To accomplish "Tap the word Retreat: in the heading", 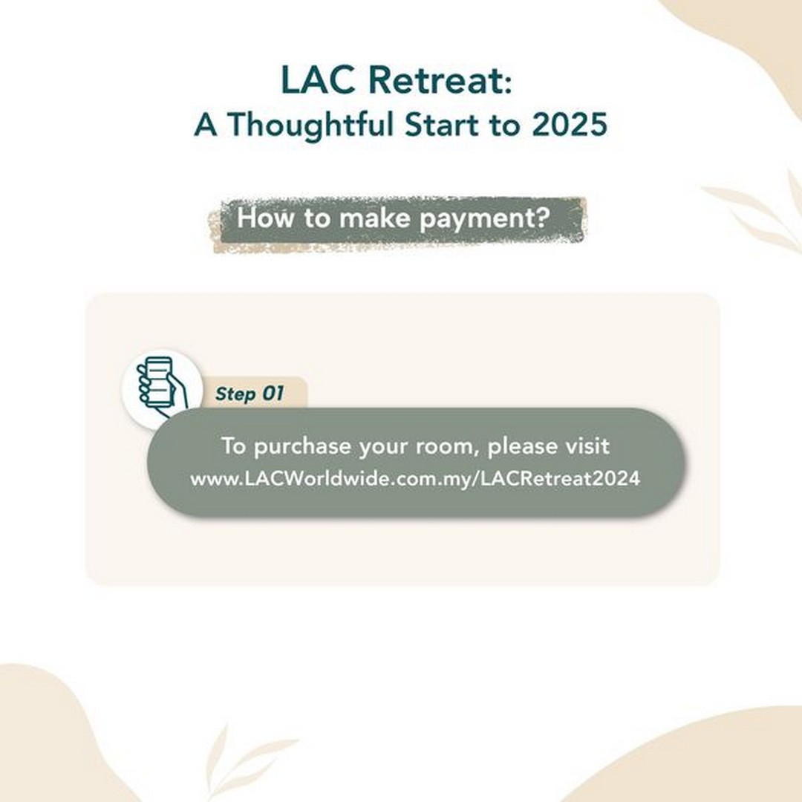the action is [x=440, y=79].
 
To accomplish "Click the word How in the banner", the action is [x=266, y=218].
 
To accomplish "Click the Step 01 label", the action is [x=249, y=394].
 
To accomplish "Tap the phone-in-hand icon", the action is [x=162, y=384].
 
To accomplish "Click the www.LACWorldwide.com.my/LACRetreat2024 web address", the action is [x=415, y=479].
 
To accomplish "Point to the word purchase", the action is [x=302, y=446].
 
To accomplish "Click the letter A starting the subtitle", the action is [x=206, y=125].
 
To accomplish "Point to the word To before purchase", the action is [x=234, y=446].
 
